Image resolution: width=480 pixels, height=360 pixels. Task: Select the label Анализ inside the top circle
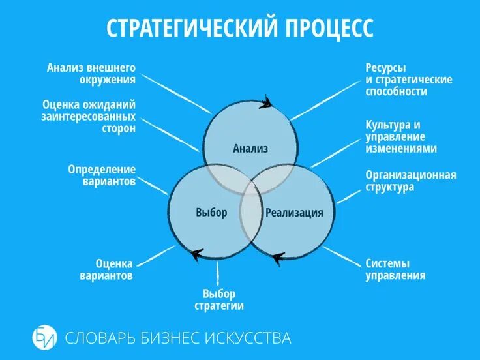(250, 149)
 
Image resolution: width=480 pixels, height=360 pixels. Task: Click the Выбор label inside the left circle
(211, 213)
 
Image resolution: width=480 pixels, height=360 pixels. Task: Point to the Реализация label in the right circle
(294, 213)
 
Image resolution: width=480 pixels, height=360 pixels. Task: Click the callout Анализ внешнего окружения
(91, 74)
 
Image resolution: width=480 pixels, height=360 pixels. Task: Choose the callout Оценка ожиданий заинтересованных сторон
(89, 117)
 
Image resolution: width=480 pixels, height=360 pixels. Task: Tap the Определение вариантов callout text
(102, 175)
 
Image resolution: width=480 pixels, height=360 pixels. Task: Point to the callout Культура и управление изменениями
(400, 136)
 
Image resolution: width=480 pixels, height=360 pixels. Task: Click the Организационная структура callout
(410, 181)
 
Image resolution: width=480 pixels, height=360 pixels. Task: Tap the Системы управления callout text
(395, 270)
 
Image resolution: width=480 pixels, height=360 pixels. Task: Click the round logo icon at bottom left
(44, 338)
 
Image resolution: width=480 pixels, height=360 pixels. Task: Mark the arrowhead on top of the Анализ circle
(266, 102)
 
